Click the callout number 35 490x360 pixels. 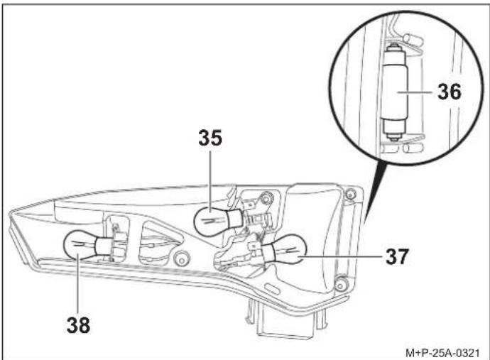210,138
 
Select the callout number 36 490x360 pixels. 450,92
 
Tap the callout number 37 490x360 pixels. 397,256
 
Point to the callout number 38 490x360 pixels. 78,324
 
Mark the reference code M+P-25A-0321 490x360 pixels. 442,353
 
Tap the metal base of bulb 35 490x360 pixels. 236,219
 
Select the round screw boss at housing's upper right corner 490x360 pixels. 350,195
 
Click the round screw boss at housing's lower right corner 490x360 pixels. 341,284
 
